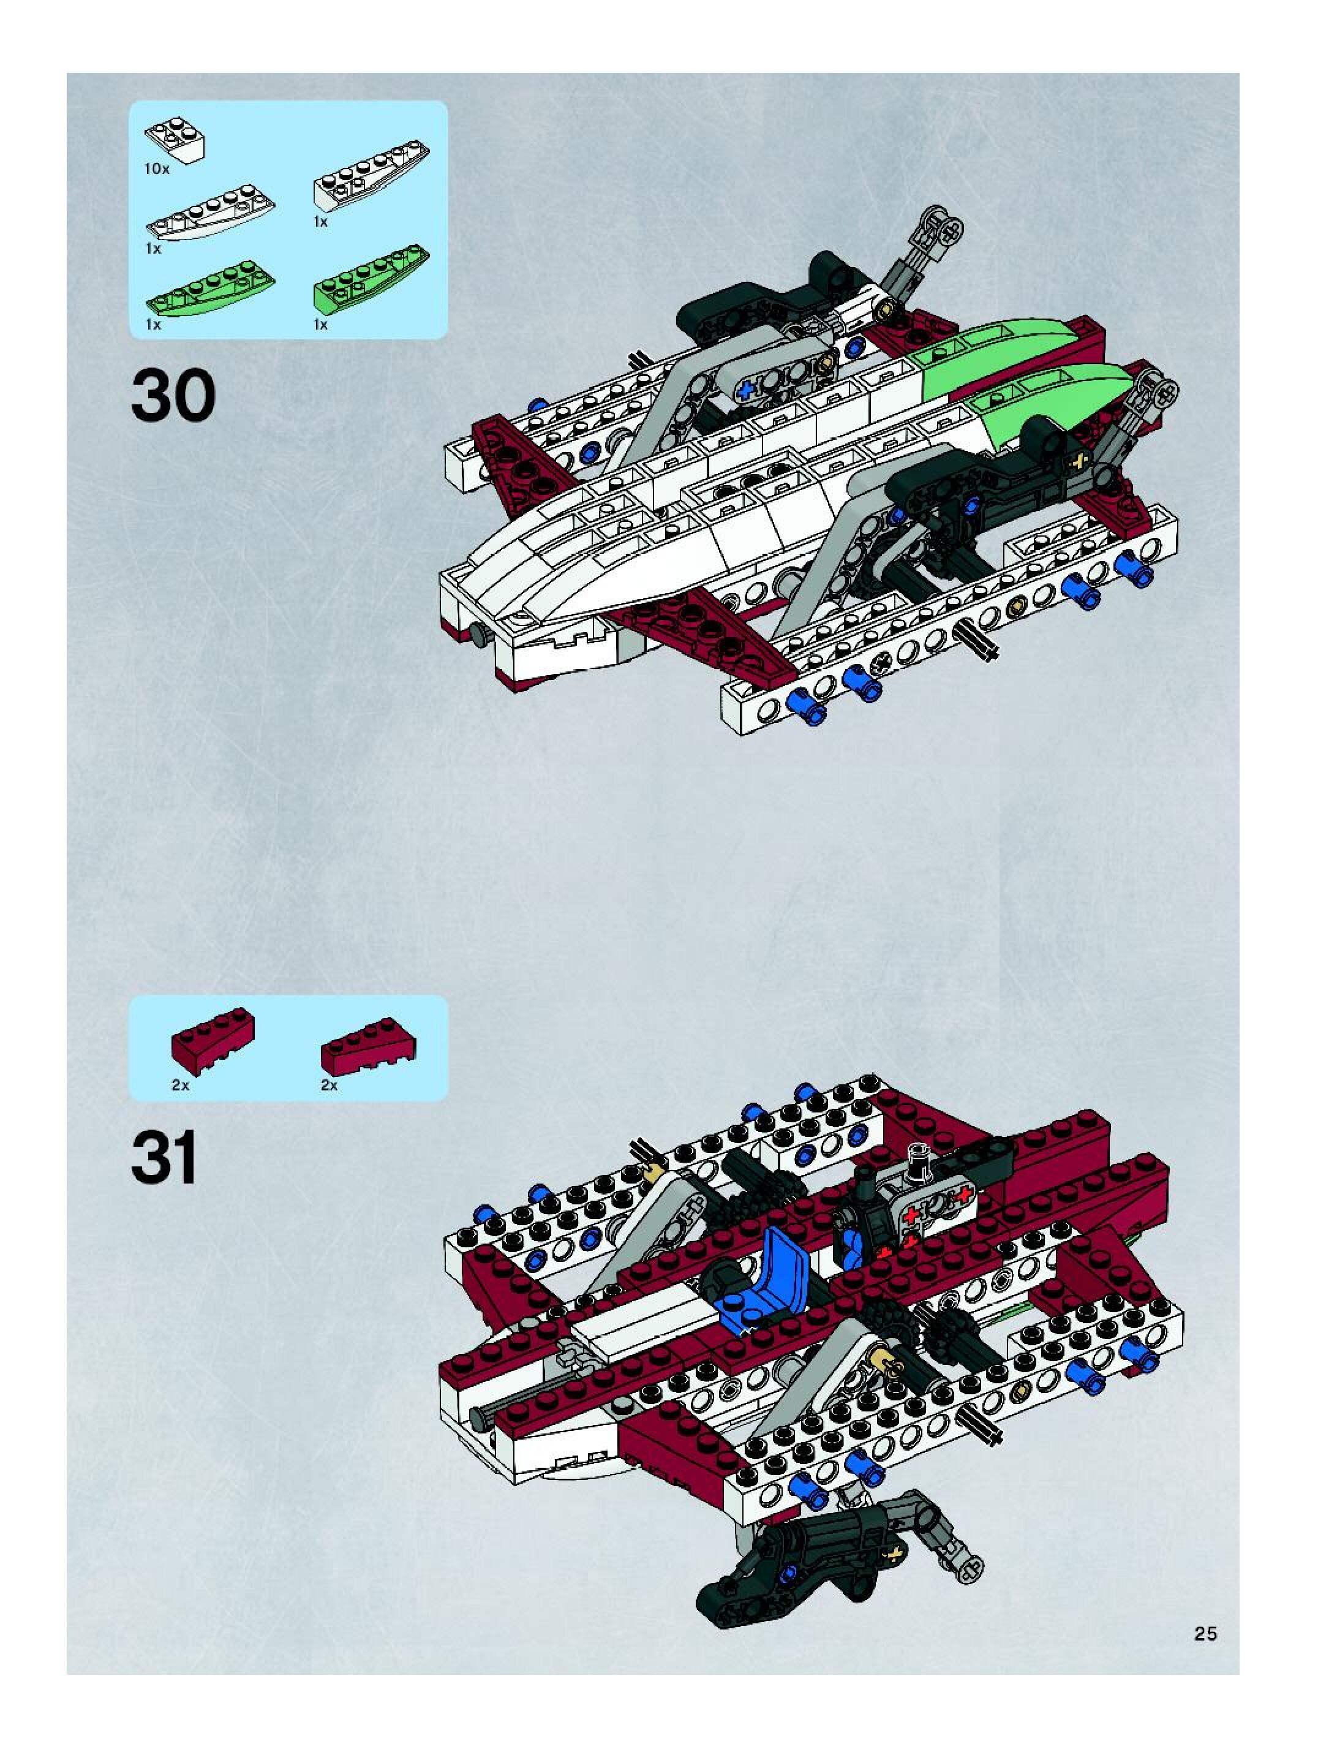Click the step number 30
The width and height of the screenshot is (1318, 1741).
(173, 396)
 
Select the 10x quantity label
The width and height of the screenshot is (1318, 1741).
(157, 168)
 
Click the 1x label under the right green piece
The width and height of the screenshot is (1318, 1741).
(320, 324)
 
